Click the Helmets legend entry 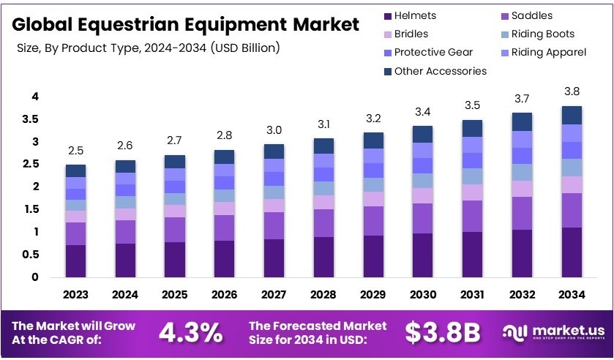click(414, 15)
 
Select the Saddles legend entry click(531, 15)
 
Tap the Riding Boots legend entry click(542, 34)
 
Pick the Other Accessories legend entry click(440, 71)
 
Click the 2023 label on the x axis click(75, 295)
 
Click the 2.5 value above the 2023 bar click(75, 151)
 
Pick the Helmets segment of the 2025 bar click(176, 260)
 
